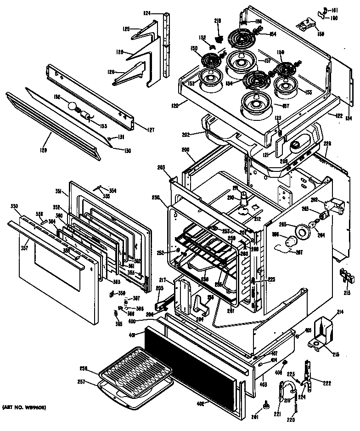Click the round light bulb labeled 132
[x=72, y=106]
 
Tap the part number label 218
[x=218, y=21]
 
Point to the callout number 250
[x=156, y=198]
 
